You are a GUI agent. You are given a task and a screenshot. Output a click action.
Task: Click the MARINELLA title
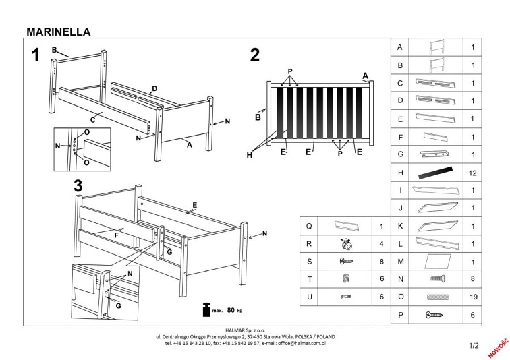(x=58, y=31)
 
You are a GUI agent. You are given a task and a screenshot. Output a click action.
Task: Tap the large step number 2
(x=254, y=55)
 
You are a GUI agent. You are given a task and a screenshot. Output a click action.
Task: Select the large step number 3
(x=78, y=185)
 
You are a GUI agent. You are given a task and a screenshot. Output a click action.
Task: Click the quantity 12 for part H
(x=473, y=173)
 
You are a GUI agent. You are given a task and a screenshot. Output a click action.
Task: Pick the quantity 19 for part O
(x=473, y=296)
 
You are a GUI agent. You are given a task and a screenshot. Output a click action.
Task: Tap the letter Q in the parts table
(x=309, y=226)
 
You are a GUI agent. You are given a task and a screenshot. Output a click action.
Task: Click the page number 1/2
(x=473, y=346)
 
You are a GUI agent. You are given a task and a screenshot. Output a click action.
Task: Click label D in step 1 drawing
(x=154, y=89)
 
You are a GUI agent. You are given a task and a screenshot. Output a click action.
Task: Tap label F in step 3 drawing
(x=116, y=235)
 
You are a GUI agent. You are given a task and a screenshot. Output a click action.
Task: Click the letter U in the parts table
(x=309, y=296)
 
